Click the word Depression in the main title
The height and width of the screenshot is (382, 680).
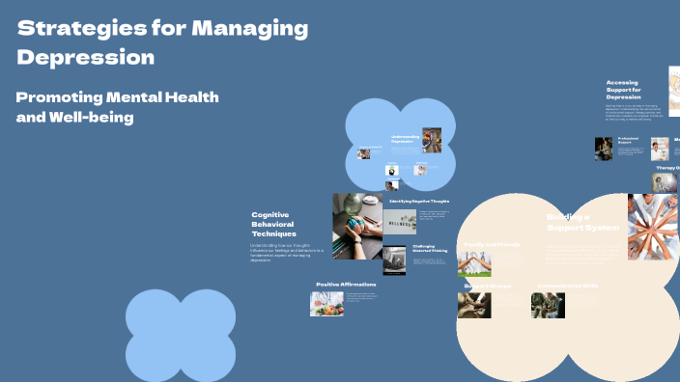point(86,57)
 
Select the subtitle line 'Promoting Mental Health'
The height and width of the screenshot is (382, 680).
point(118,97)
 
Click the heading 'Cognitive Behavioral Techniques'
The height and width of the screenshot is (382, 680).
point(273,225)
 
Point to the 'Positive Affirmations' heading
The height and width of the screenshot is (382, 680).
point(346,285)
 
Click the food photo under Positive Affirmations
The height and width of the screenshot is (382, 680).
point(326,304)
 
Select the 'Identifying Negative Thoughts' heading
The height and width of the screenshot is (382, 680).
point(419,201)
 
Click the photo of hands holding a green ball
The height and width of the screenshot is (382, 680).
point(356,226)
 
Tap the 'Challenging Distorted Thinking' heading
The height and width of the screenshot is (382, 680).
point(431,249)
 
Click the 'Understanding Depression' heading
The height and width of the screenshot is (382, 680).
point(405,139)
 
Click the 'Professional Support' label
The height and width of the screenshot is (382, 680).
point(629,141)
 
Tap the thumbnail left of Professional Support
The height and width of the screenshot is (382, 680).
point(604,149)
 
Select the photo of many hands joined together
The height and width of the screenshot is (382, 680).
point(652,227)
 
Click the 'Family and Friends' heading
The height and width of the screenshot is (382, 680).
point(492,245)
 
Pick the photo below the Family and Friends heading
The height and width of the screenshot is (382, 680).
point(474,265)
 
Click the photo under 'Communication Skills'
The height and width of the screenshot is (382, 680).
point(548,306)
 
